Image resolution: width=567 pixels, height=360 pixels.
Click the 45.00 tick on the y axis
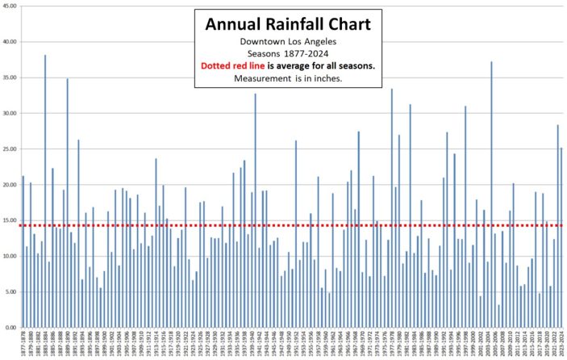click(10, 6)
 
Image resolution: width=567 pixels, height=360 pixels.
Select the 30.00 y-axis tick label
click(10, 114)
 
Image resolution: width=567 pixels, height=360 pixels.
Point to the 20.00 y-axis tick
click(10, 185)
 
